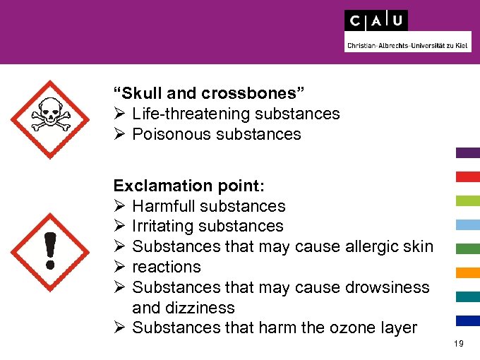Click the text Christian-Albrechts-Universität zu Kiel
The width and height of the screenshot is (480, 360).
pos(407,46)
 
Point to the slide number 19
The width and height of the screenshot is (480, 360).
pos(459,344)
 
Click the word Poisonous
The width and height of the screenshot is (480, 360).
pos(166,134)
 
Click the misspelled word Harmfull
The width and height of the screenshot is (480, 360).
pos(164,206)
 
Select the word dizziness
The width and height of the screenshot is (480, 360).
pos(200,308)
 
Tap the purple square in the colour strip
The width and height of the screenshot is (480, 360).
pos(468,152)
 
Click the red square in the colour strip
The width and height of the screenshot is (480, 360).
pos(468,176)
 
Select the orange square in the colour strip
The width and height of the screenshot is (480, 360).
pos(468,272)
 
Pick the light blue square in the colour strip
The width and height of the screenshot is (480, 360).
pos(468,224)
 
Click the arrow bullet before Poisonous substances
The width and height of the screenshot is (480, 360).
pos(119,134)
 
